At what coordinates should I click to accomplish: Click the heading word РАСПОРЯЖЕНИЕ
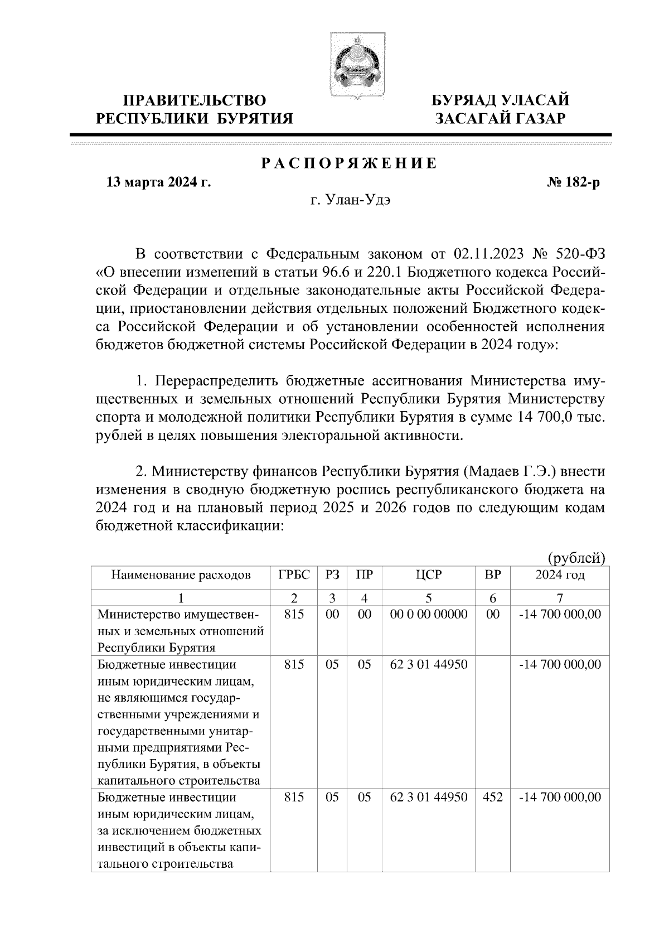coord(350,163)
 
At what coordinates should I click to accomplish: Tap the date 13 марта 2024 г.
coord(158,182)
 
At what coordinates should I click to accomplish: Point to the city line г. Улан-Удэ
coord(351,201)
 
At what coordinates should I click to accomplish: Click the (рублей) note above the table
coord(576,557)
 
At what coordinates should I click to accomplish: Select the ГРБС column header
coord(294,575)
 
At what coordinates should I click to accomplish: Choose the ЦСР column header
coord(428,575)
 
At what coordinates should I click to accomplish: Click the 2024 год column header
coord(560,575)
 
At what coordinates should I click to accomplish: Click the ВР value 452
coord(492,798)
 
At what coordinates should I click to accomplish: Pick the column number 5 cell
coord(428,598)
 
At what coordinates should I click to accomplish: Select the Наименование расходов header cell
coord(181,575)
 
